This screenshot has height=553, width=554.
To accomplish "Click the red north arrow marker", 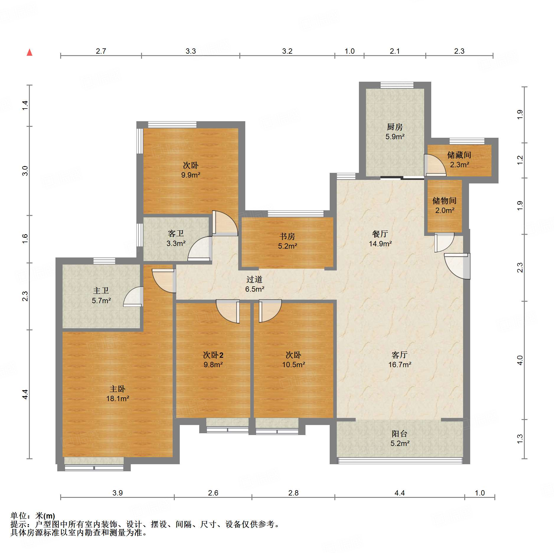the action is pyautogui.click(x=30, y=52).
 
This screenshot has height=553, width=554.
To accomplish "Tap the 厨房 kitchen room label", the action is pyautogui.click(x=395, y=127).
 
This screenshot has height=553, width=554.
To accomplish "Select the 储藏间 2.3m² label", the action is pyautogui.click(x=459, y=160).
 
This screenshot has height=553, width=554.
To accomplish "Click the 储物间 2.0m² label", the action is pyautogui.click(x=444, y=206).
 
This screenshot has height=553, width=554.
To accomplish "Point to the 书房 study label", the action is pyautogui.click(x=287, y=236).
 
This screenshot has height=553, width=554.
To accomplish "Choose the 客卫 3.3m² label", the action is pyautogui.click(x=176, y=238).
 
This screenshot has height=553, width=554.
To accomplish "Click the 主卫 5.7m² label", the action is pyautogui.click(x=101, y=296).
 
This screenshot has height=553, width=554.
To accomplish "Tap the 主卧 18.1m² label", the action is pyautogui.click(x=117, y=394).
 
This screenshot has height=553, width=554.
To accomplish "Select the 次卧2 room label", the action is pyautogui.click(x=213, y=355).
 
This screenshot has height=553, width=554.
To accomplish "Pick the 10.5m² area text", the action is pyautogui.click(x=293, y=365).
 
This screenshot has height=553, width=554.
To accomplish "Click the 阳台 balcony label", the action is pyautogui.click(x=400, y=434).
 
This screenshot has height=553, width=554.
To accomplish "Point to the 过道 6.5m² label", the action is pyautogui.click(x=254, y=284).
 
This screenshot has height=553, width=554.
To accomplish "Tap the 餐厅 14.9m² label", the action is pyautogui.click(x=380, y=239).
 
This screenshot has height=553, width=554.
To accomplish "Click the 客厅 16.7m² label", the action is pyautogui.click(x=400, y=360).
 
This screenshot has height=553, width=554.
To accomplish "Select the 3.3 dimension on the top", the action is pyautogui.click(x=191, y=51).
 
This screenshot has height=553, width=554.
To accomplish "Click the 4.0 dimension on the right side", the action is pyautogui.click(x=520, y=360).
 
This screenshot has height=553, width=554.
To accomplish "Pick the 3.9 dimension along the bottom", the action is pyautogui.click(x=117, y=493).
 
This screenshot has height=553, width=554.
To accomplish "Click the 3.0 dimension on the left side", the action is pyautogui.click(x=25, y=171).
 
